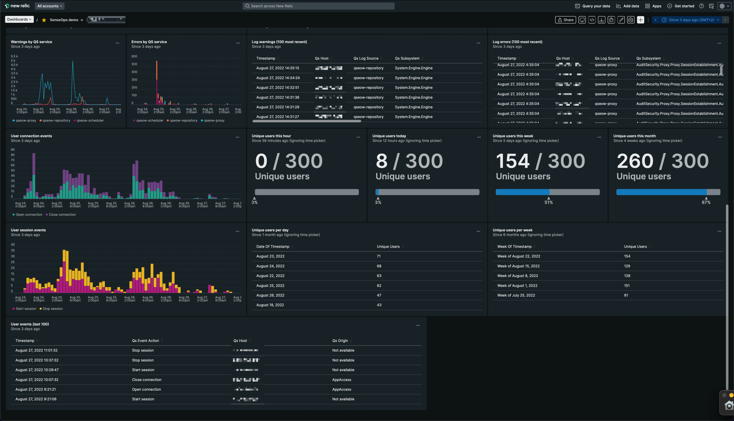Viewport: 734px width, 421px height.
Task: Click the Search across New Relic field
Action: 318,6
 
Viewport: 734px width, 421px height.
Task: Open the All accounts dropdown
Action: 49,6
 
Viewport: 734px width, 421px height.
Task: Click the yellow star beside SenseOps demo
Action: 44,20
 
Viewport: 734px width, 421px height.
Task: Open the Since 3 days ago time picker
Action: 691,20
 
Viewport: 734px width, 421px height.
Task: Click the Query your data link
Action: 593,6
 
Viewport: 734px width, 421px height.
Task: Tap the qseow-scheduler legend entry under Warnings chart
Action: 90,121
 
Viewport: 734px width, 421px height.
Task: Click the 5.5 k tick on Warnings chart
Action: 14,56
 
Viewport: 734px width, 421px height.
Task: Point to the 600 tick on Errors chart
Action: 134,56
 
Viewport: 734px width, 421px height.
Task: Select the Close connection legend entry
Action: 62,215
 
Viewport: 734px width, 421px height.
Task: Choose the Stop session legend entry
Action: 52,309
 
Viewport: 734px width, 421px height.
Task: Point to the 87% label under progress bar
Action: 706,202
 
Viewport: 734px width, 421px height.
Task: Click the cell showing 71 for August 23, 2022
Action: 379,256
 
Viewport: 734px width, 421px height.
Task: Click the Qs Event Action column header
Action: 146,341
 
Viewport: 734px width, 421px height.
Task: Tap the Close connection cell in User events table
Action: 147,380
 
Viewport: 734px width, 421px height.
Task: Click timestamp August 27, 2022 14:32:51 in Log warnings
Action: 278,88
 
